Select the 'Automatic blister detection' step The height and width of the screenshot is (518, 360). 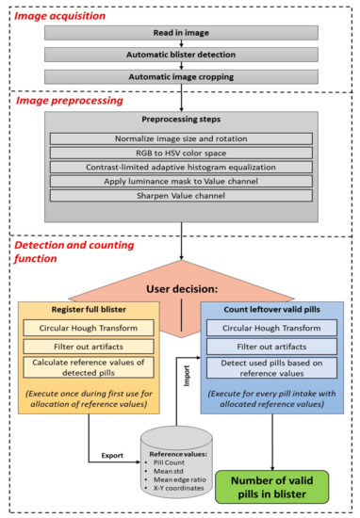point(178,53)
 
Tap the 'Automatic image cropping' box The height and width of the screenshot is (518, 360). point(178,76)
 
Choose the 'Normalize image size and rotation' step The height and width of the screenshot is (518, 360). point(178,138)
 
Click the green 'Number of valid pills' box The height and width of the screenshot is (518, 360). point(274,479)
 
